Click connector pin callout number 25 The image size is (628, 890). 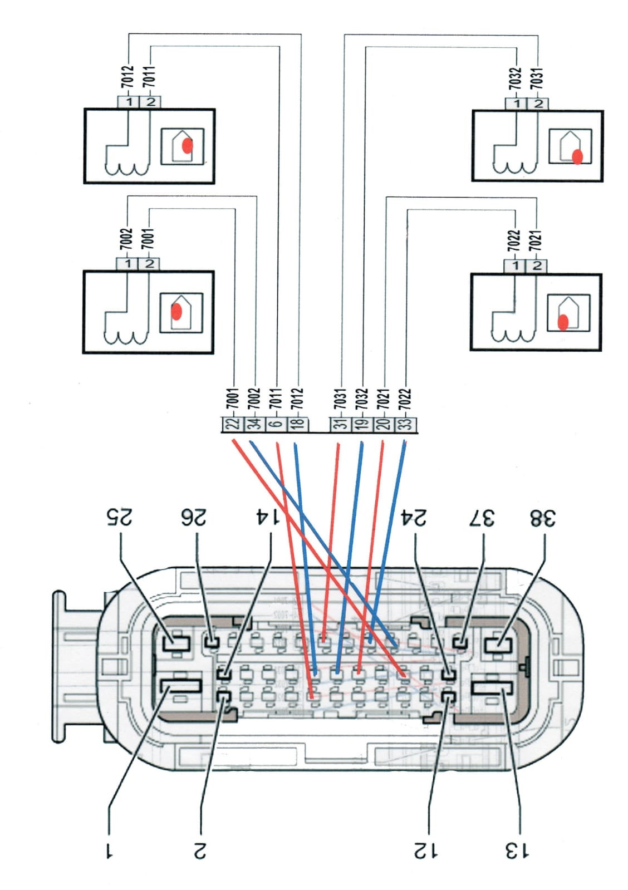pos(119,517)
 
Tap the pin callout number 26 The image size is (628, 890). pos(194,517)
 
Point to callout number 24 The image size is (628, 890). pos(413,517)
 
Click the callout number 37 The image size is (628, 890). pos(482,517)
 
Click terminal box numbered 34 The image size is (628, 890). pos(255,424)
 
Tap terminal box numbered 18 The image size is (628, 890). pos(298,424)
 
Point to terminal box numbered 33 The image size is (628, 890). pos(406,424)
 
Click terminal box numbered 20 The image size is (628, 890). pos(384,424)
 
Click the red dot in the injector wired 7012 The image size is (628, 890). pos(187,146)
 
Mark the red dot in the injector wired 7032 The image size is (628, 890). pos(577,157)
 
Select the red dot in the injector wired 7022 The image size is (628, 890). pos(563,322)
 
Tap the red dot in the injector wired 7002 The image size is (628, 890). pos(176,312)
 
